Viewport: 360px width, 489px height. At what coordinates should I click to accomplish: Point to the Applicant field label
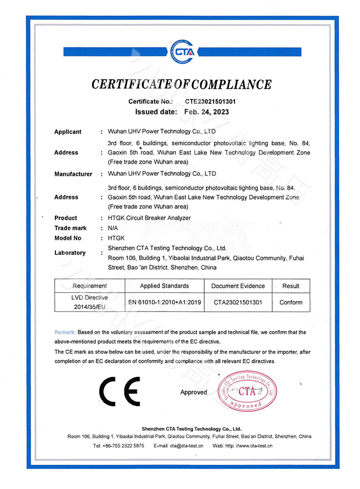click(x=67, y=132)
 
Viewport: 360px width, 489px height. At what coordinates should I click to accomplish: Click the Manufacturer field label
click(x=73, y=174)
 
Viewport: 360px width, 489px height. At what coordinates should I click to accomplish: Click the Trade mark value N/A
click(x=113, y=228)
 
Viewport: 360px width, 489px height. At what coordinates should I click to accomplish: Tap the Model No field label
click(x=67, y=238)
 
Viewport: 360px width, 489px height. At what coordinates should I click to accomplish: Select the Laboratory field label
click(x=70, y=253)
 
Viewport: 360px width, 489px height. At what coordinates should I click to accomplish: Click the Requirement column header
click(x=89, y=286)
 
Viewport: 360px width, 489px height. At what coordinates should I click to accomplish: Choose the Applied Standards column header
click(x=164, y=286)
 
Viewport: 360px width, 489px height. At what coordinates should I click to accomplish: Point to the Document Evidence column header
click(x=238, y=286)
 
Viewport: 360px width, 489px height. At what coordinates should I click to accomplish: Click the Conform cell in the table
click(x=291, y=302)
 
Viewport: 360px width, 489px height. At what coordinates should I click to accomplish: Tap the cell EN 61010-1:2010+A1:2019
click(x=164, y=302)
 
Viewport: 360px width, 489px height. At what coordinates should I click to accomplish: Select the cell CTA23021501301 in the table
click(x=238, y=302)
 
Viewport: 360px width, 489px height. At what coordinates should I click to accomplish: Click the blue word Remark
click(x=64, y=333)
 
